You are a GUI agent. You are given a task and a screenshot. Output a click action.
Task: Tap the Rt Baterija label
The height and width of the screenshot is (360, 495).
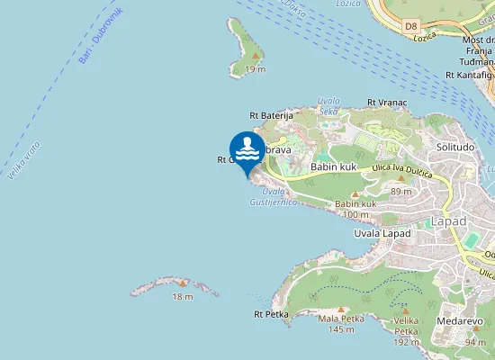point(272,115)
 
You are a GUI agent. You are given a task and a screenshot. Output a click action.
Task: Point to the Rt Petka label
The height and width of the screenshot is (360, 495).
point(270,315)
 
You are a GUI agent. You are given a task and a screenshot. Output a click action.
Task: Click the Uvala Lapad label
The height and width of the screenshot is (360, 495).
point(382,233)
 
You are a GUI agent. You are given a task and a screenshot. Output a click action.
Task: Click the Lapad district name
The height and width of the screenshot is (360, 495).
point(448,220)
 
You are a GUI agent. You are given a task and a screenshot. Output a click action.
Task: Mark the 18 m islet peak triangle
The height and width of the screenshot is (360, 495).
point(183,283)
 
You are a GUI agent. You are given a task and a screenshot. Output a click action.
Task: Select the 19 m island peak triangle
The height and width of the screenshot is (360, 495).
point(256,57)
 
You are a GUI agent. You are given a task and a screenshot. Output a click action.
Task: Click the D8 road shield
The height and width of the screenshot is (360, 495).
point(411,27)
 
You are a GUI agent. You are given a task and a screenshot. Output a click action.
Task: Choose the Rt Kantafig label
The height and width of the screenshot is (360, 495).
point(470,75)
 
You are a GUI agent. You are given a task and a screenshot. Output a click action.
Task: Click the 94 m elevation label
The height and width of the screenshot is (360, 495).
point(475,342)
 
